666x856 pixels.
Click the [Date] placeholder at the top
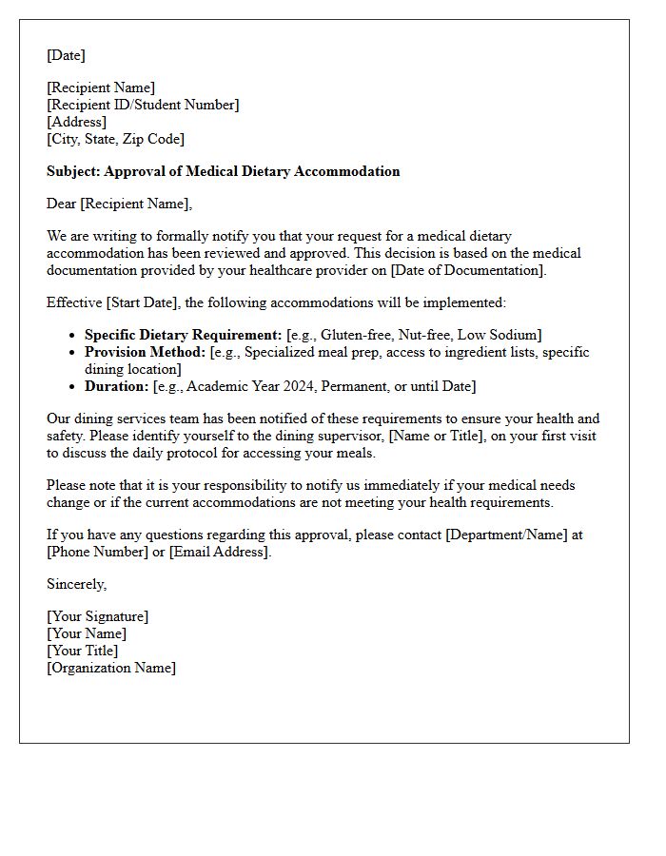(x=66, y=55)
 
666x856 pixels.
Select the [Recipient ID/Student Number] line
(x=143, y=105)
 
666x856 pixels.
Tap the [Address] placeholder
(x=76, y=122)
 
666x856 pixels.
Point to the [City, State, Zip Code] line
(x=115, y=139)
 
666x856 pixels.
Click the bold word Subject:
(x=73, y=171)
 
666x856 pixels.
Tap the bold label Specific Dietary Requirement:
(x=183, y=335)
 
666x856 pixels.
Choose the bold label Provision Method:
(x=145, y=352)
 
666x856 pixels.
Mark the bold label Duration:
(x=116, y=386)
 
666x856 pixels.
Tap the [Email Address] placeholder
(x=220, y=552)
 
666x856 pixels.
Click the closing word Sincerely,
(x=77, y=584)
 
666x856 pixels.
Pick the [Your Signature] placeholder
(x=97, y=616)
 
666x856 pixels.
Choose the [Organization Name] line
(x=111, y=668)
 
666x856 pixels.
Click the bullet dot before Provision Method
(x=73, y=353)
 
